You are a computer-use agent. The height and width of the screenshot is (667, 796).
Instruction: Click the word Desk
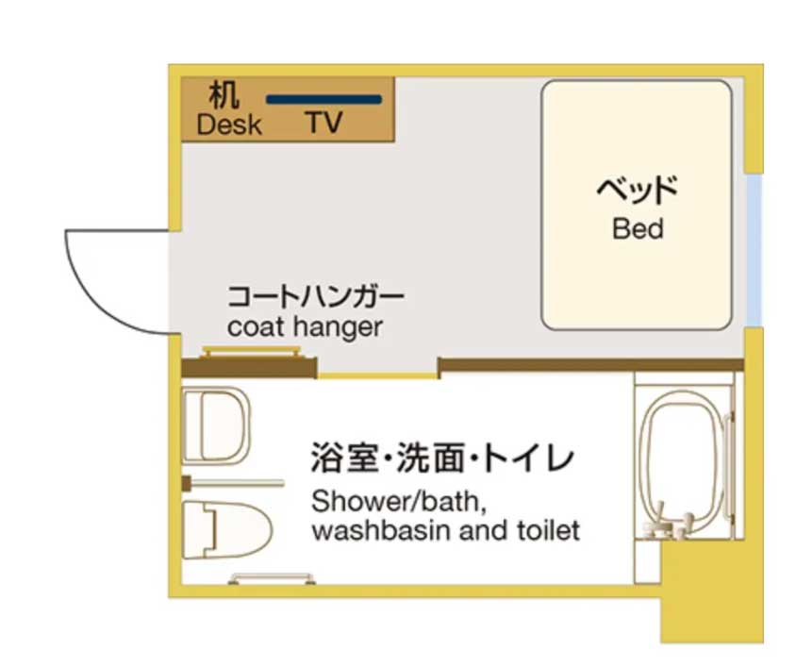click(229, 125)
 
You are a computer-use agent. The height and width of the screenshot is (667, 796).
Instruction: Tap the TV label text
click(323, 123)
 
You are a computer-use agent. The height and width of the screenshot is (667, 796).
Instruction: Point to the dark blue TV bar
click(323, 100)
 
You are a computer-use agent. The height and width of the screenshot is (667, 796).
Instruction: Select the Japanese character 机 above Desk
click(224, 95)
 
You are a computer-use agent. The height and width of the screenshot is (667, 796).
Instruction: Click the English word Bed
click(638, 228)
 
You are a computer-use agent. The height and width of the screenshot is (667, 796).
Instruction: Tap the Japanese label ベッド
click(638, 190)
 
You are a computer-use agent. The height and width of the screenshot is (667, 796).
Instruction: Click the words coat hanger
click(305, 327)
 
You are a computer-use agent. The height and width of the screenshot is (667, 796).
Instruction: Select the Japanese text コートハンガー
click(315, 296)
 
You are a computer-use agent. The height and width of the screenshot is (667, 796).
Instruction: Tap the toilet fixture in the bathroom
click(227, 530)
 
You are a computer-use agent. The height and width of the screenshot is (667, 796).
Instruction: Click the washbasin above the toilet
click(216, 425)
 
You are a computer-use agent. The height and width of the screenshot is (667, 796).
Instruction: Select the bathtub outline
click(686, 463)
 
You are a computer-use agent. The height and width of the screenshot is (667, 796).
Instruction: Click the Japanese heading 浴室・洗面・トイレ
click(442, 458)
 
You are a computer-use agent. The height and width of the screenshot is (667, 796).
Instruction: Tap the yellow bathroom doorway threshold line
click(378, 375)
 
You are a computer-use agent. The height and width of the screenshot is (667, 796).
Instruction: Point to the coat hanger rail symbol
click(251, 352)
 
